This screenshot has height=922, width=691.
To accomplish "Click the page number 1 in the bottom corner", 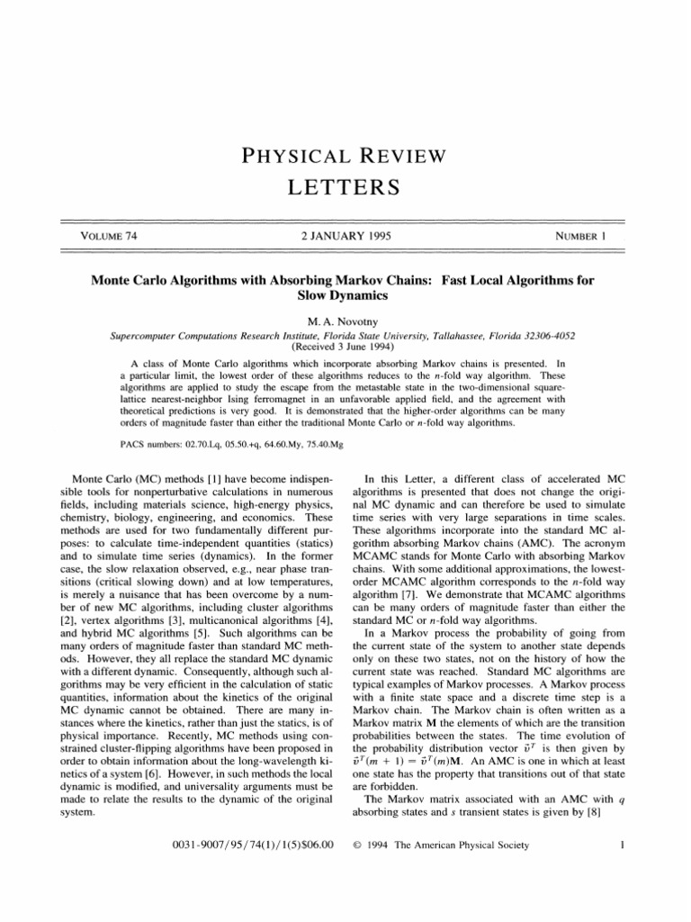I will click(608, 845).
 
